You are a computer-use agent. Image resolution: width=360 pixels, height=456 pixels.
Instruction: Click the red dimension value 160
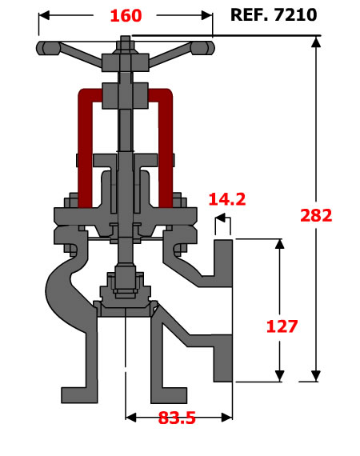click(x=126, y=15)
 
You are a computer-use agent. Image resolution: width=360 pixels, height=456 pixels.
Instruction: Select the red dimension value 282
click(x=316, y=215)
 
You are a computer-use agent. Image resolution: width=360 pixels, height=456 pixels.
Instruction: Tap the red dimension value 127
click(x=282, y=326)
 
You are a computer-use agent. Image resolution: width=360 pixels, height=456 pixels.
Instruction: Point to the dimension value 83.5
click(x=177, y=418)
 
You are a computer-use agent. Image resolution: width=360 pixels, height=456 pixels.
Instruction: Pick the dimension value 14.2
click(x=227, y=199)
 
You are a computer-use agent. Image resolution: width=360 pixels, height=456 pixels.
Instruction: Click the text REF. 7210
click(x=274, y=15)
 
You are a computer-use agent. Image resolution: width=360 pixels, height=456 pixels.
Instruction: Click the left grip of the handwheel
click(x=48, y=48)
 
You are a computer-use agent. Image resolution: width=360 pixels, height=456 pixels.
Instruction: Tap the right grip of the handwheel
click(x=202, y=48)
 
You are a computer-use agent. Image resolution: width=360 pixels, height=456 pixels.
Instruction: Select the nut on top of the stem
click(x=126, y=46)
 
